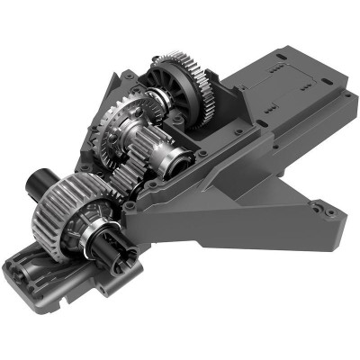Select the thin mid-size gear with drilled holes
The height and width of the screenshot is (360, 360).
[116, 126]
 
